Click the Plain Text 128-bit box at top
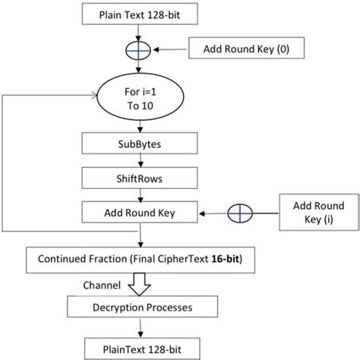point(139,13)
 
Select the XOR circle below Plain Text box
point(139,49)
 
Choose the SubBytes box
point(139,144)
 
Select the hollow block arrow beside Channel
point(139,285)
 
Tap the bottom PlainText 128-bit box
point(139,348)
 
